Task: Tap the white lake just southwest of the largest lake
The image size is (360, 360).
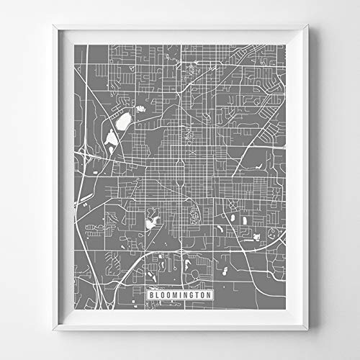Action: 111,136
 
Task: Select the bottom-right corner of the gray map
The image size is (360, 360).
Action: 288,310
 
